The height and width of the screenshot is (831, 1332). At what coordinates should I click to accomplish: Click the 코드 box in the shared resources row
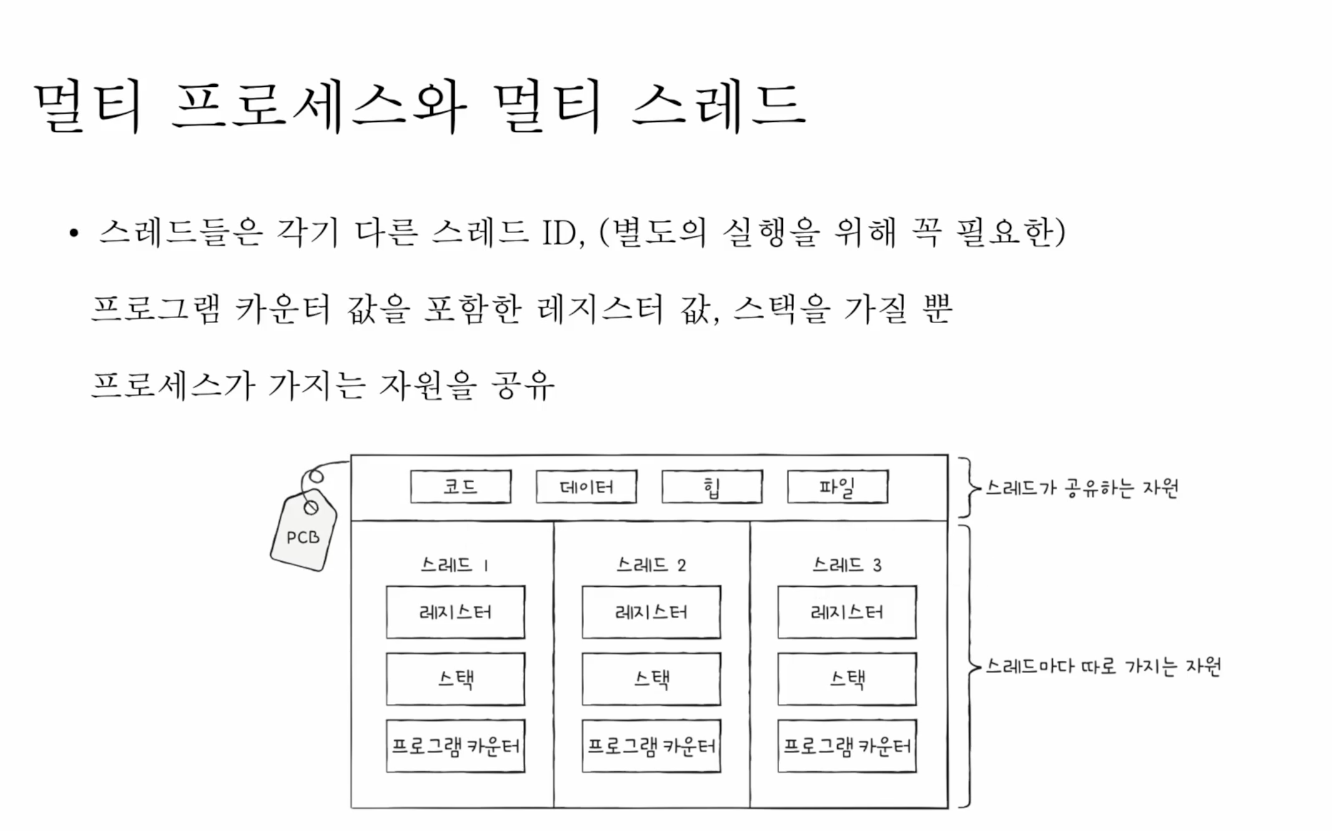(460, 487)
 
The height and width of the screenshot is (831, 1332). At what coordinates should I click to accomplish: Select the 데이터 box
(586, 487)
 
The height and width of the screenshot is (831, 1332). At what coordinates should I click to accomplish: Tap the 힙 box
(712, 487)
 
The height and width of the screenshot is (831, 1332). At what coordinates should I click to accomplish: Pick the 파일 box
(837, 487)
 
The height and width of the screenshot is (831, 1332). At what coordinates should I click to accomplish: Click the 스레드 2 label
(651, 565)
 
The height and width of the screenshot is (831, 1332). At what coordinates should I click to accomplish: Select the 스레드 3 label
(847, 565)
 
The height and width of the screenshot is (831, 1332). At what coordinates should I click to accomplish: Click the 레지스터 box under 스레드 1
(455, 612)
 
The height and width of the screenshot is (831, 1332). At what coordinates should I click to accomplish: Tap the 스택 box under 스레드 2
(651, 679)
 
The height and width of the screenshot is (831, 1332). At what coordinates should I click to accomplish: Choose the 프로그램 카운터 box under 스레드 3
(847, 746)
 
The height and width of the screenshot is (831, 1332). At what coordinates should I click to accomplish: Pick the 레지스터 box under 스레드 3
(847, 612)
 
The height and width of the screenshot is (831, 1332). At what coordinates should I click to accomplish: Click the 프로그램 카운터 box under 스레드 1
(455, 746)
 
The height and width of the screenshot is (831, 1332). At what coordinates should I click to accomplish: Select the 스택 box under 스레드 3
(847, 679)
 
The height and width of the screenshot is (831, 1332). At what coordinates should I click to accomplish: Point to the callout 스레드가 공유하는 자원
(1081, 488)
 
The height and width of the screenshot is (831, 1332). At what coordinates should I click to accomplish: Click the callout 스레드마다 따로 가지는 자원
(1103, 667)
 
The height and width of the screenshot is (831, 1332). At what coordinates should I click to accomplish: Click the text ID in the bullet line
(562, 233)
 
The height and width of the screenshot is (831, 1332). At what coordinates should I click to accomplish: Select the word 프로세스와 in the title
(319, 106)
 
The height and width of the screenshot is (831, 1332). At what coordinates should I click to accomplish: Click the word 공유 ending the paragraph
(522, 386)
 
